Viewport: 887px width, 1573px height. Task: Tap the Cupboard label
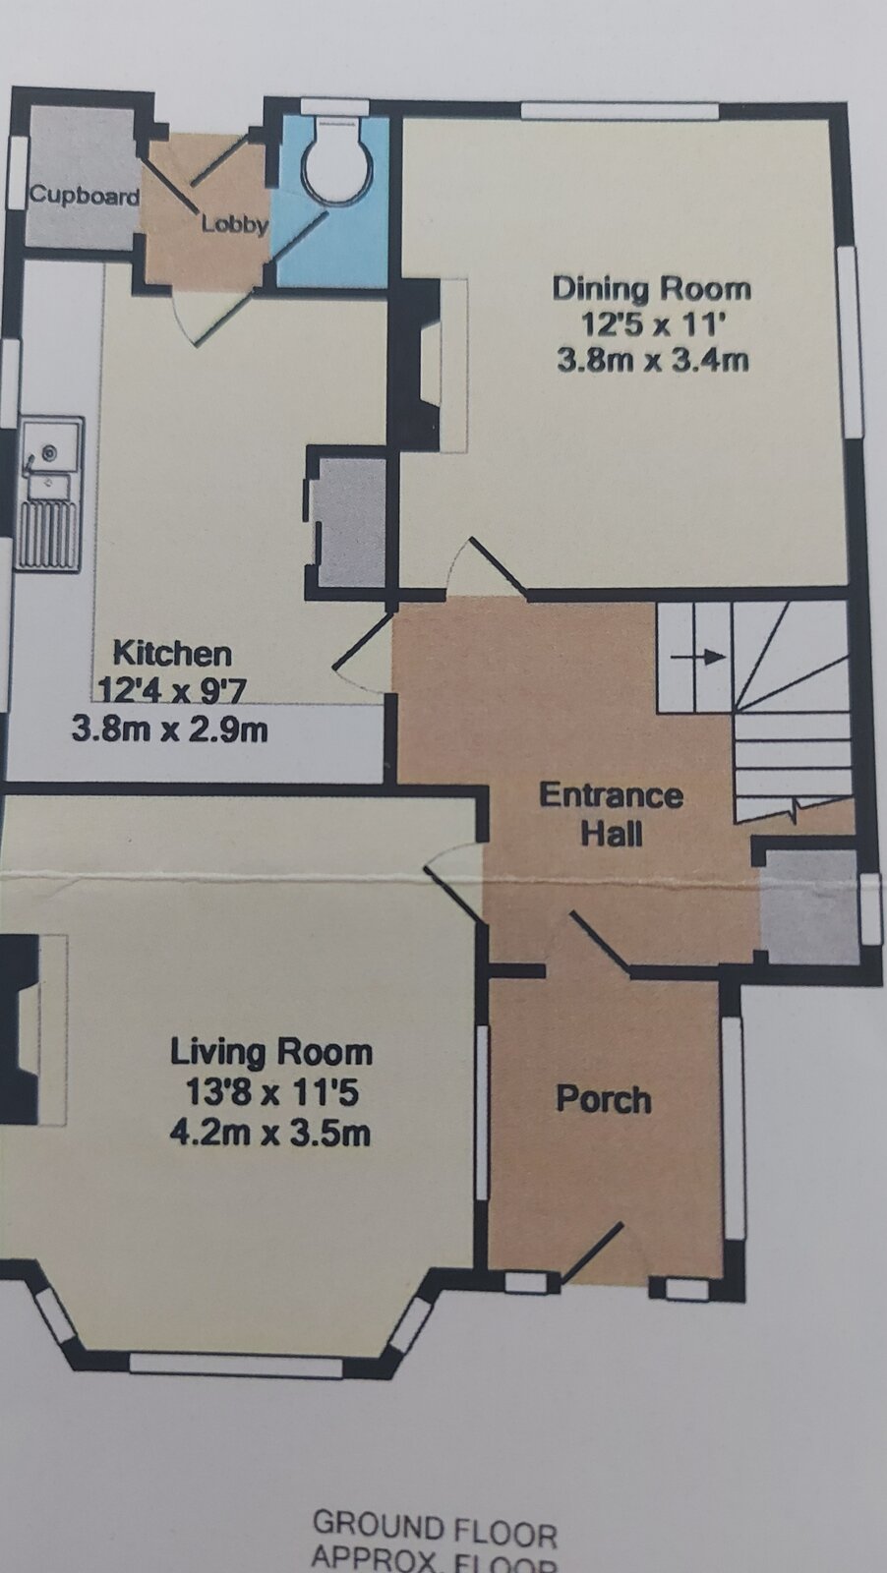click(x=84, y=195)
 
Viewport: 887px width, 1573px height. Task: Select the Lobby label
click(x=234, y=224)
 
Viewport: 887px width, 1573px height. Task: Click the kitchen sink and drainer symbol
click(x=49, y=493)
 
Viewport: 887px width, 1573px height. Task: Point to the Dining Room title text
click(x=651, y=288)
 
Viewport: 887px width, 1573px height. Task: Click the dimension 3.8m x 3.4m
click(x=652, y=360)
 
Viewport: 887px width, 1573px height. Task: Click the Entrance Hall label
click(x=611, y=814)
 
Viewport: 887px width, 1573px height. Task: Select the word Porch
click(x=603, y=1098)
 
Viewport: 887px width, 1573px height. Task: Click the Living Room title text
click(x=271, y=1052)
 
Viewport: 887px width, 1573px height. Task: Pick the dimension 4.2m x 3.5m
click(x=270, y=1133)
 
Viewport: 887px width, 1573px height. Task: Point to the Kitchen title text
click(x=172, y=653)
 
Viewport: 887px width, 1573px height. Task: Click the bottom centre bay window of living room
click(x=236, y=1365)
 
